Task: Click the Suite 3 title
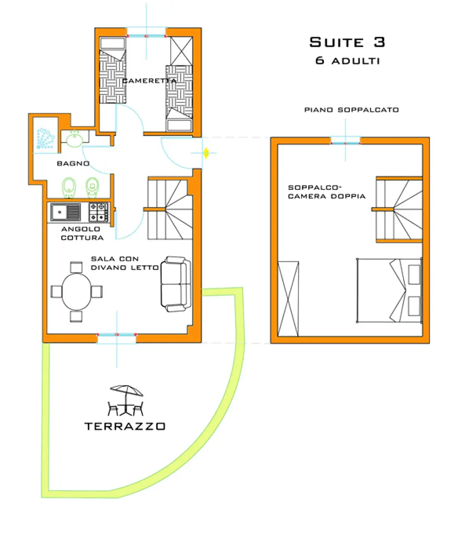[x=347, y=42]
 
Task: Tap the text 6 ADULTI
[x=347, y=60]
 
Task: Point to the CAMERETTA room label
[x=149, y=81]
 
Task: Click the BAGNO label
[x=73, y=163]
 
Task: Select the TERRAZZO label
[x=125, y=426]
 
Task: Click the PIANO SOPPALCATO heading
[x=351, y=110]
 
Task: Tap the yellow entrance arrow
[x=206, y=153]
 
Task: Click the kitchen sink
[x=65, y=212]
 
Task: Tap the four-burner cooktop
[x=98, y=212]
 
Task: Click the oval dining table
[x=76, y=291]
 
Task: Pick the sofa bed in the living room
[x=176, y=284]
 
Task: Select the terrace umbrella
[x=126, y=391]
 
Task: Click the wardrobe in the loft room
[x=288, y=299]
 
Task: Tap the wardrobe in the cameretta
[x=181, y=51]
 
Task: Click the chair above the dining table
[x=76, y=267]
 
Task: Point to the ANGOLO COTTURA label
[x=82, y=233]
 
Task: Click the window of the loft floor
[x=346, y=141]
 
